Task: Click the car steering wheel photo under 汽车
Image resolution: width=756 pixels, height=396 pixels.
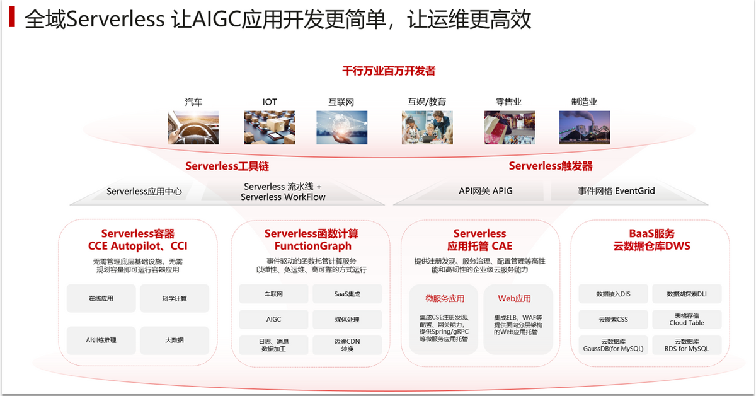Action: click(x=193, y=127)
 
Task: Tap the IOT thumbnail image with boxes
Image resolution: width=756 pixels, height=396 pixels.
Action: click(x=269, y=127)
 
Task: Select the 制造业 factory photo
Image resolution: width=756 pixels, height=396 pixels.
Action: click(x=584, y=127)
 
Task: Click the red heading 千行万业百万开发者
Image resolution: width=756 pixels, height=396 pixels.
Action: click(x=388, y=71)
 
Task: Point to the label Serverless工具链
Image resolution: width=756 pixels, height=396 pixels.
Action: click(x=227, y=166)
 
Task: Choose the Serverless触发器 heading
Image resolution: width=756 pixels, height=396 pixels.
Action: click(x=550, y=166)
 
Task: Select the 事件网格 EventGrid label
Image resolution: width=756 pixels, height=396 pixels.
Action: click(x=616, y=191)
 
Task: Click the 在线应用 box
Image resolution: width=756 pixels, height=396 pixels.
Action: click(x=101, y=298)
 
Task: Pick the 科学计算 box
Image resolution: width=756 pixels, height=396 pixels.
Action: click(x=174, y=298)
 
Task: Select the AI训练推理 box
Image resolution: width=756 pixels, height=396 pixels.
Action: click(x=101, y=341)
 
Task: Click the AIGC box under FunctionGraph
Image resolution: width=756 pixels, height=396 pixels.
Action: click(x=273, y=320)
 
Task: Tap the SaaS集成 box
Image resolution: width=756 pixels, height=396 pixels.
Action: click(x=347, y=294)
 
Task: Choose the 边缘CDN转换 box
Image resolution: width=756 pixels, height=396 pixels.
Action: click(x=347, y=344)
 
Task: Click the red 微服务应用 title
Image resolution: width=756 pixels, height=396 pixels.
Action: click(x=444, y=298)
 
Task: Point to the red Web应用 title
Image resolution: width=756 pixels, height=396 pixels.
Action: click(x=514, y=298)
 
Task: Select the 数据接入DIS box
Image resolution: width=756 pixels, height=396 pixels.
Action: click(x=613, y=294)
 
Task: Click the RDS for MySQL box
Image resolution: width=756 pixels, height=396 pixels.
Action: click(x=686, y=344)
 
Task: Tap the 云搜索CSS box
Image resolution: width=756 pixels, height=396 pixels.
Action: click(x=613, y=319)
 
